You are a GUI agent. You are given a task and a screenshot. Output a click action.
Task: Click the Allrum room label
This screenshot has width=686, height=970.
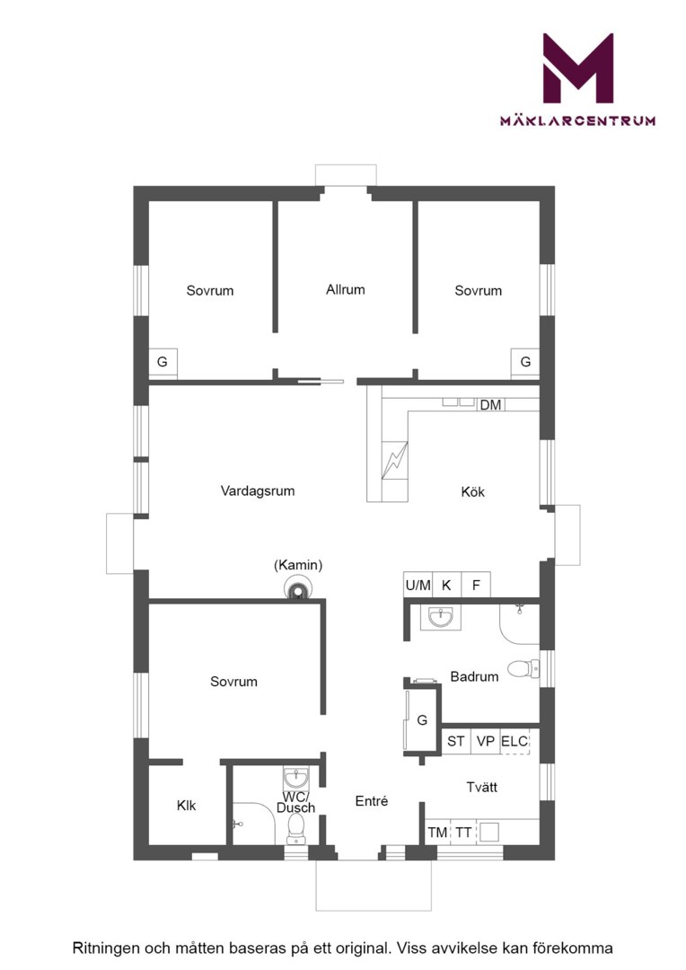coord(345,289)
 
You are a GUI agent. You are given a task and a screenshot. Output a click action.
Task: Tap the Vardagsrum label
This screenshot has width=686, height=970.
coord(258,491)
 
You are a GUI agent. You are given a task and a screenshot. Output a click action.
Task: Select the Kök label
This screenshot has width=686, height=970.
coord(472,492)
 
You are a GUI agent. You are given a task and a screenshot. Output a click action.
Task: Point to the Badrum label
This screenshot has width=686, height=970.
coord(474,676)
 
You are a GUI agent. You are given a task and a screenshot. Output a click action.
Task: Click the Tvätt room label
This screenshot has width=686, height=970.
coord(481,787)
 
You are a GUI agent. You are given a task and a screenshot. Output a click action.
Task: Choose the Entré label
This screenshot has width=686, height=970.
coord(372,801)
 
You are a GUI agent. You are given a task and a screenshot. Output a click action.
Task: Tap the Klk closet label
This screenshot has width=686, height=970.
coord(186,806)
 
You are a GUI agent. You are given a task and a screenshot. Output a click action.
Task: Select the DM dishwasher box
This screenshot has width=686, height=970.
coord(490,404)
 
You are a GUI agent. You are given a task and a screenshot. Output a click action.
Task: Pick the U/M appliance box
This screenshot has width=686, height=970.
coord(418,585)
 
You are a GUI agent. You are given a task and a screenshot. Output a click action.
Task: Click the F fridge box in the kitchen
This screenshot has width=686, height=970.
coord(476,585)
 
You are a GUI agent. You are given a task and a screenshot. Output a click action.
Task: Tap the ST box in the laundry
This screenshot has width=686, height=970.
coord(456,741)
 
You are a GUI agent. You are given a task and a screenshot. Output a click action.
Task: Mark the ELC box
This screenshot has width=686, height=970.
coord(514,741)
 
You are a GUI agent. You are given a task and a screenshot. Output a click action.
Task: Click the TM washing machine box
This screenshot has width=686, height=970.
coord(438,832)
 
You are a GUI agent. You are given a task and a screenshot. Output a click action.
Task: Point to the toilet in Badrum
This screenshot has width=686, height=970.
coord(523,669)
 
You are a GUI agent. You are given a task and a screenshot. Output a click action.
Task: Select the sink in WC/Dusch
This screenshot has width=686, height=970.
coord(296,777)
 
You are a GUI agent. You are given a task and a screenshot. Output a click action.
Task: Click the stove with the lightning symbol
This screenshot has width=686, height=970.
coord(394,460)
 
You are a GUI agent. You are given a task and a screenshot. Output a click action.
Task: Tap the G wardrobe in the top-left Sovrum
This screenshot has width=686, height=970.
coord(163,363)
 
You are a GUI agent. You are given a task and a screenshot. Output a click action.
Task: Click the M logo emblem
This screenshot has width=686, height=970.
coord(577,68)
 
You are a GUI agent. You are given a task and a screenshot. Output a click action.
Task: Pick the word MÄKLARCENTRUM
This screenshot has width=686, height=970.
coord(577,120)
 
